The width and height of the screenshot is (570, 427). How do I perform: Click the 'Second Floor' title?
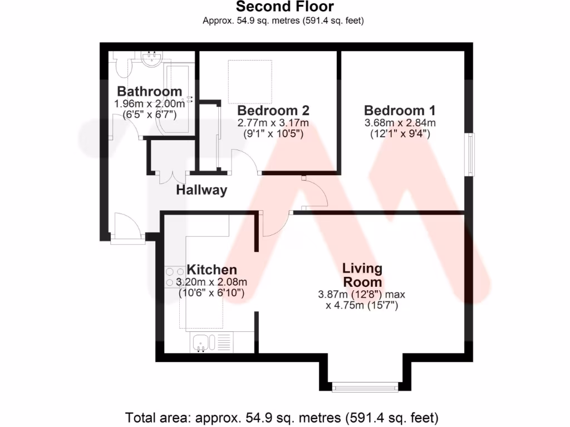point(284,7)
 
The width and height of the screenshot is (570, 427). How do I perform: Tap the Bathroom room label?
point(149,91)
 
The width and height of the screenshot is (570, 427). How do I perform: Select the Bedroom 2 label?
point(273,110)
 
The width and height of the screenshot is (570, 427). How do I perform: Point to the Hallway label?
point(202,190)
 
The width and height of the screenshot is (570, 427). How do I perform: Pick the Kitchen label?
point(212,270)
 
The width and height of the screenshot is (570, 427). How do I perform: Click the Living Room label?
point(362,275)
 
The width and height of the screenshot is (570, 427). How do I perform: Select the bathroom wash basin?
point(150,59)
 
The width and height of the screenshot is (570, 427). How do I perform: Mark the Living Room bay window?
point(365,386)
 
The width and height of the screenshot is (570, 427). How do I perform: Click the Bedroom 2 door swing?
point(245,161)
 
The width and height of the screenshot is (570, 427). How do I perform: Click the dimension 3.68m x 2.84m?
point(400,123)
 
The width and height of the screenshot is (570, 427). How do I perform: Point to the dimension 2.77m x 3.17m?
point(273,123)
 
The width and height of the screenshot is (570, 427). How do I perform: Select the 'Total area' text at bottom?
point(282,417)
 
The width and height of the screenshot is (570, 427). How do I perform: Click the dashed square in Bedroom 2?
point(250,81)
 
